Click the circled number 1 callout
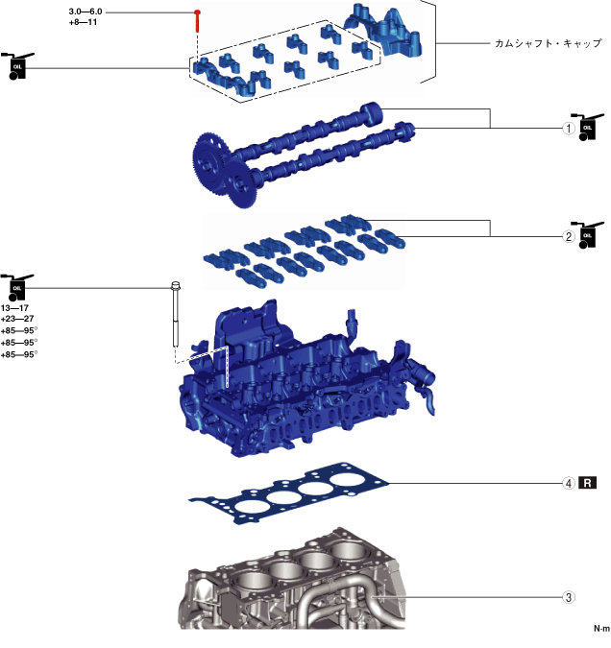point(569,128)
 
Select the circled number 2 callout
point(569,236)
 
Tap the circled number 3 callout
point(569,597)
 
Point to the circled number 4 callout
point(569,483)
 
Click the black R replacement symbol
point(589,483)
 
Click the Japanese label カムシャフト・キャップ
point(548,44)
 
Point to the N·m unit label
point(601,629)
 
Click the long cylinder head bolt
point(177,317)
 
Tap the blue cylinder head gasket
point(288,495)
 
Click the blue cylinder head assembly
point(298,384)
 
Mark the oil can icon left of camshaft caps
point(17,66)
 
